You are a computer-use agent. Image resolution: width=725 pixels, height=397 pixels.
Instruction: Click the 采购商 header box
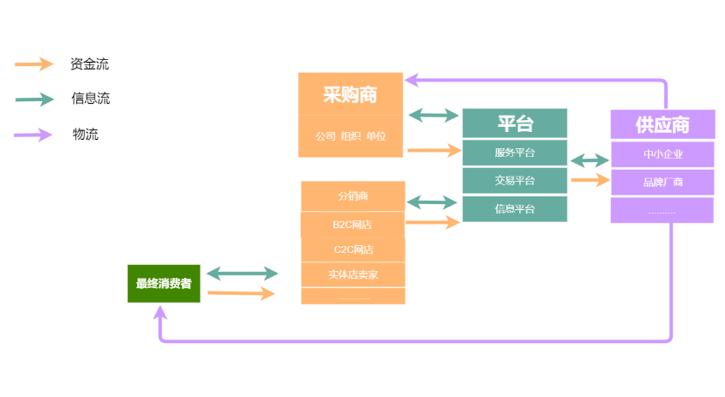click(351, 93)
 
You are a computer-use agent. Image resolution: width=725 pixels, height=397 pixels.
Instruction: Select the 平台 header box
click(514, 123)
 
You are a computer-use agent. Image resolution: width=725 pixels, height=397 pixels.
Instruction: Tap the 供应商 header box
click(662, 124)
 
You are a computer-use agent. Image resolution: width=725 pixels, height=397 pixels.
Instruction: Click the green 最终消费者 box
click(164, 284)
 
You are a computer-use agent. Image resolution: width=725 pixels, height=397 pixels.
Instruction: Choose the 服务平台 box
click(514, 153)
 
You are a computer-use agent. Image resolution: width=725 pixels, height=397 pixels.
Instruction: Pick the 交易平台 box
click(514, 180)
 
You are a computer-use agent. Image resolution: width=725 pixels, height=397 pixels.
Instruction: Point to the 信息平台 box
click(514, 208)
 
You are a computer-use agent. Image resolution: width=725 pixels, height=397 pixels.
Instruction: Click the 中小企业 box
click(662, 154)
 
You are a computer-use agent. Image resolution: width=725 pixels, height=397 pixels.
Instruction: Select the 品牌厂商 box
click(662, 182)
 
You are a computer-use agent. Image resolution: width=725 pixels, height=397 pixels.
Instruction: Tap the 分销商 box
click(352, 196)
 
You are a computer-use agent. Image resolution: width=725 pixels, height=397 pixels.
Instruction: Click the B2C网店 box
click(352, 225)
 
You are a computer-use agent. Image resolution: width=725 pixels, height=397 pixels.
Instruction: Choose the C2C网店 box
click(352, 250)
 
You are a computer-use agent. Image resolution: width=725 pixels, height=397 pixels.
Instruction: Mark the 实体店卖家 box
click(352, 274)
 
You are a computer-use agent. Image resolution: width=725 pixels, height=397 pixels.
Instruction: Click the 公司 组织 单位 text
click(351, 136)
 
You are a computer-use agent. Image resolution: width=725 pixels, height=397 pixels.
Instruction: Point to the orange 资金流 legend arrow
click(35, 63)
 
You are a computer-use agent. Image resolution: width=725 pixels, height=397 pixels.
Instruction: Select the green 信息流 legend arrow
click(35, 99)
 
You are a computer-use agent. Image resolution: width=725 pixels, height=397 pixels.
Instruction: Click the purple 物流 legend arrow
click(35, 134)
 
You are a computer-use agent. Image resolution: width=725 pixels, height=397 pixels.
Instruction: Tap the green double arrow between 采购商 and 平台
click(433, 115)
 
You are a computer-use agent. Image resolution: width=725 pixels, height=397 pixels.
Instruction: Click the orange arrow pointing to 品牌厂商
click(590, 180)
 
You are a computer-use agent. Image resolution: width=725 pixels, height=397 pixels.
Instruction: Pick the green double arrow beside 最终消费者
click(243, 274)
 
